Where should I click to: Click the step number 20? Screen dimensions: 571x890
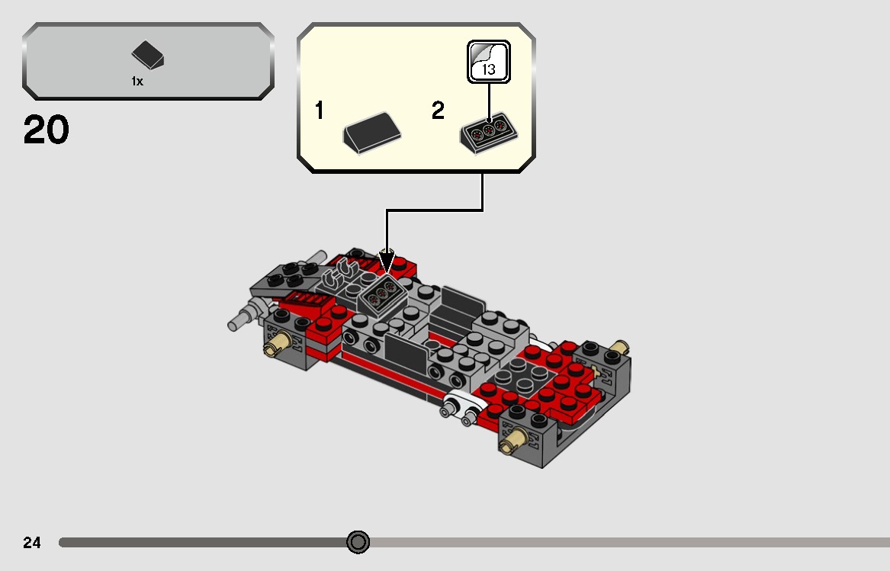pos(47,131)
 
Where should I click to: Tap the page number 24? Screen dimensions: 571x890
pos(32,543)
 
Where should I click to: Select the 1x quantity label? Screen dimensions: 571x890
pos(137,82)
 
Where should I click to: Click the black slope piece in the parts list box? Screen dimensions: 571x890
pos(148,56)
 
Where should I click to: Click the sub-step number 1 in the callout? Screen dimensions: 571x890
pos(320,111)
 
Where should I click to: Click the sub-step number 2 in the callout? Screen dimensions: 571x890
pos(438,111)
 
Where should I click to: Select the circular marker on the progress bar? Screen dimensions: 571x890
pos(358,542)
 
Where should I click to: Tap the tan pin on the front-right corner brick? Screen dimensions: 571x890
pos(512,440)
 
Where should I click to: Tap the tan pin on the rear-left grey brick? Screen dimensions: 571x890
pos(273,347)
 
